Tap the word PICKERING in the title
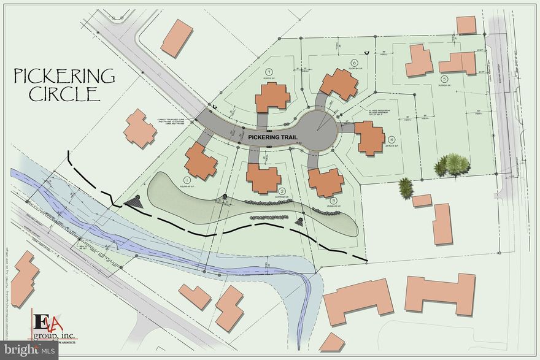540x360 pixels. coord(64,76)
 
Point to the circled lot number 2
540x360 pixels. coord(282,191)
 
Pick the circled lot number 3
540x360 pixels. coord(333,201)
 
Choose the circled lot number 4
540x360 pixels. coord(391,139)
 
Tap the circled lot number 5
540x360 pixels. coord(443,79)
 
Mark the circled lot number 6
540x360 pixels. coord(354,63)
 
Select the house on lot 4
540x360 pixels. coord(371,138)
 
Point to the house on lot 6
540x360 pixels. coord(339,84)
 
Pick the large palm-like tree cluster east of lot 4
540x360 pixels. coord(453,164)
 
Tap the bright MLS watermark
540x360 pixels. coord(29,350)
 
